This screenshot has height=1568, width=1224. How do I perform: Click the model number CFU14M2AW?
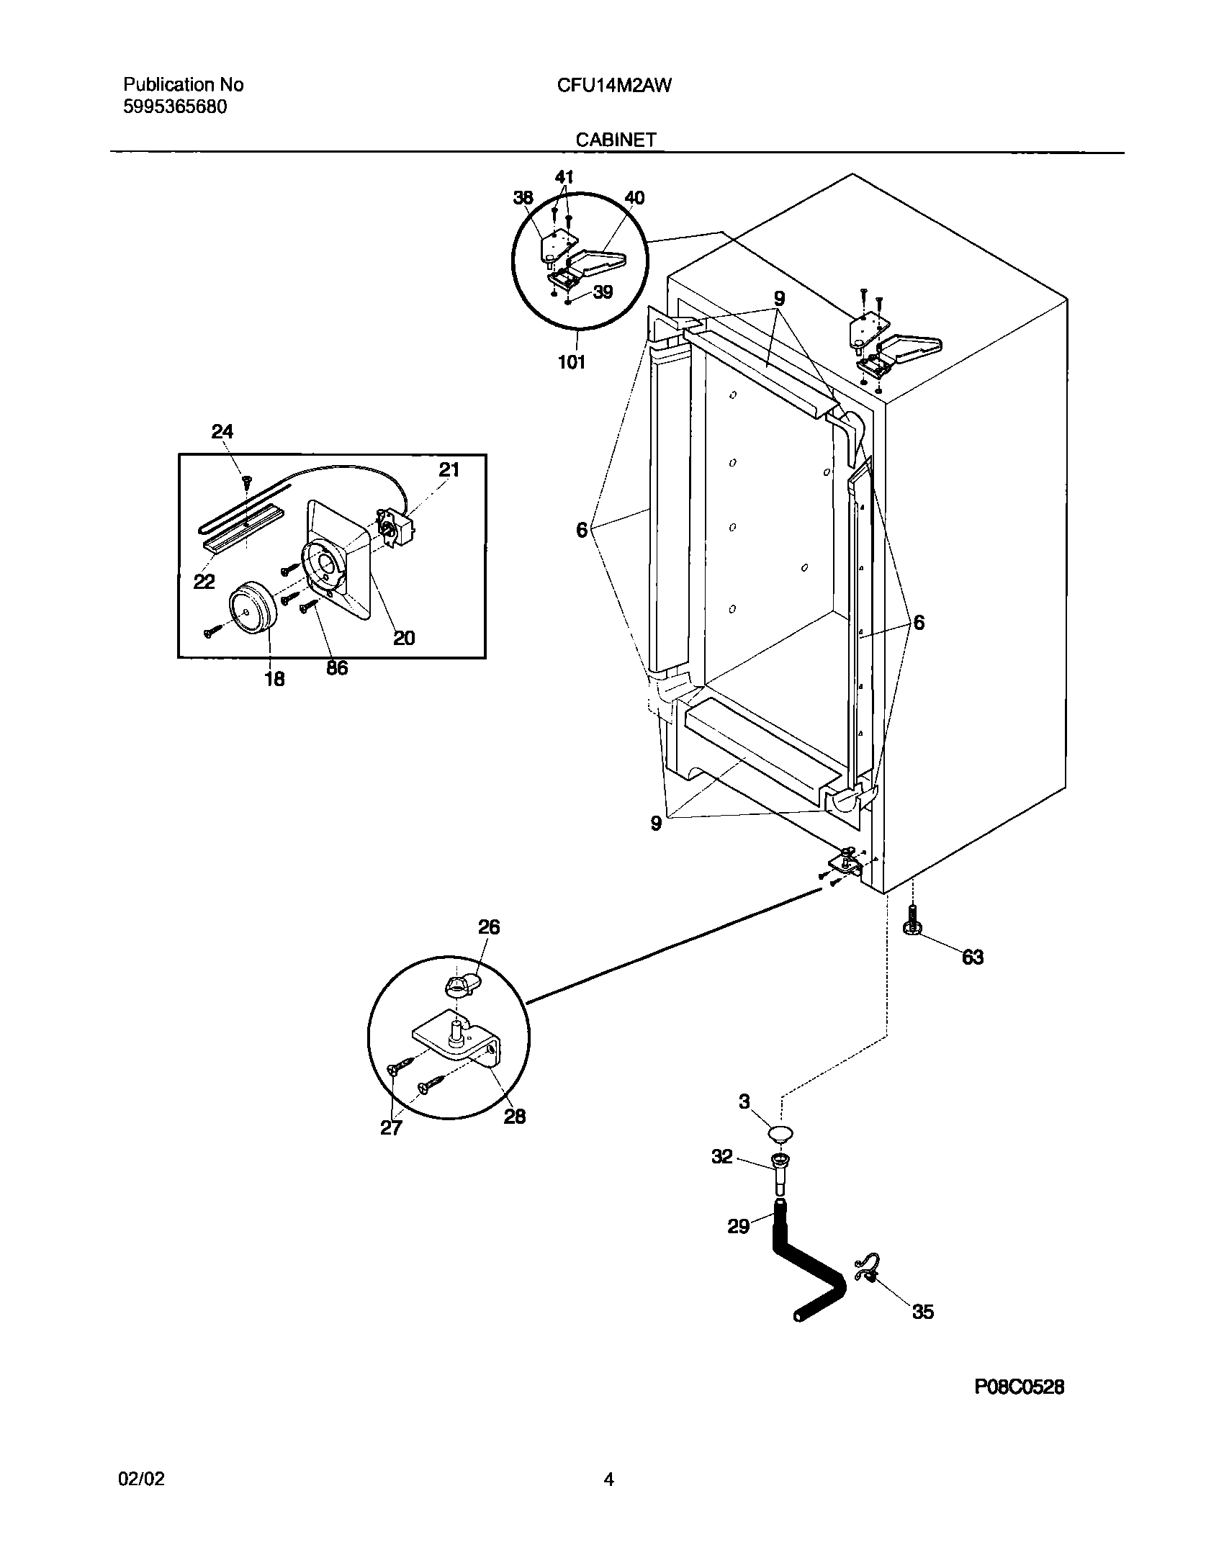pos(614,86)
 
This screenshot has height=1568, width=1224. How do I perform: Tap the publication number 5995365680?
pos(176,107)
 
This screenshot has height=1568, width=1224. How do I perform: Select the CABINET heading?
pos(616,140)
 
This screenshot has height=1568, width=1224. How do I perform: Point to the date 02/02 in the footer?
pos(141,1479)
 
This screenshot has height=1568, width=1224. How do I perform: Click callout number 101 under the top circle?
pos(572,362)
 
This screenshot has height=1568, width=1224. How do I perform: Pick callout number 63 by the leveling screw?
pos(972,957)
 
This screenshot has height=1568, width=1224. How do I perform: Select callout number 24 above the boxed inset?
pos(222,431)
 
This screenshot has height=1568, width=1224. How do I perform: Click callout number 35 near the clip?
pos(922,1311)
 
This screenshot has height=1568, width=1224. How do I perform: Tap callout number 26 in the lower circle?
pos(489,927)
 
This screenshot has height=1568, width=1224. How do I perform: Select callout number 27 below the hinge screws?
pos(391,1127)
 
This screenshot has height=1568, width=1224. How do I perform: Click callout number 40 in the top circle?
pos(634,198)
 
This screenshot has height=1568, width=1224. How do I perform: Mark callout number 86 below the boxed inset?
pos(336,667)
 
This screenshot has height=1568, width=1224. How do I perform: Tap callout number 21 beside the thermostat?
pos(449,470)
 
